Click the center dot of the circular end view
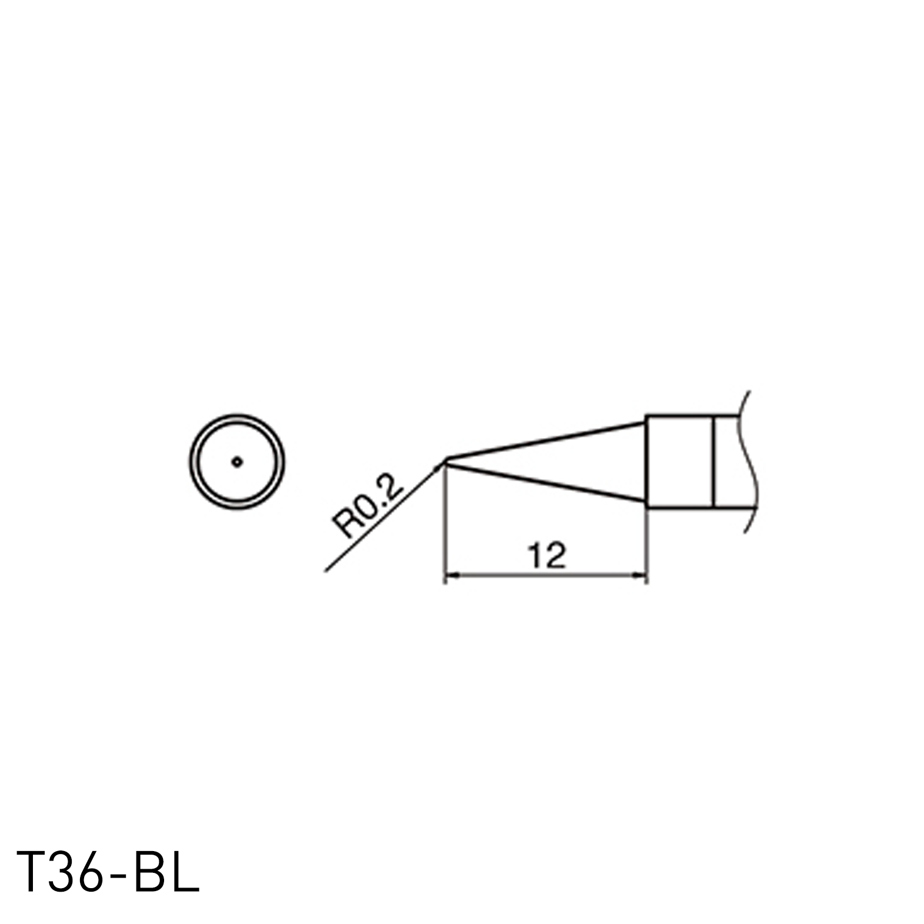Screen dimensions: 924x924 pyautogui.click(x=236, y=462)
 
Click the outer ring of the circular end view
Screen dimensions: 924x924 pyautogui.click(x=191, y=462)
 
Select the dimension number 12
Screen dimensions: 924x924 pyautogui.click(x=546, y=556)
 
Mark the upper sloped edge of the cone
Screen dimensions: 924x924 pyautogui.click(x=547, y=440)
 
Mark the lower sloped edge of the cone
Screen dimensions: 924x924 pyautogui.click(x=547, y=482)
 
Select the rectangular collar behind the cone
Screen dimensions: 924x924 pyautogui.click(x=679, y=462)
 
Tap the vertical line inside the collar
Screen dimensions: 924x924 pyautogui.click(x=713, y=462)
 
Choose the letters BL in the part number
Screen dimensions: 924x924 pyautogui.click(x=168, y=870)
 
